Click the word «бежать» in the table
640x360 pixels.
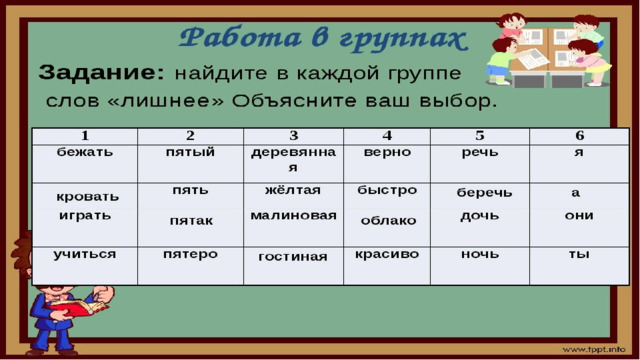tap(84, 152)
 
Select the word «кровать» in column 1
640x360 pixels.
tap(87, 197)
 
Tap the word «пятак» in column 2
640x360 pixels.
tap(191, 221)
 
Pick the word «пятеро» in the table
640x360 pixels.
tap(190, 255)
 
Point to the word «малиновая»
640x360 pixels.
tap(293, 216)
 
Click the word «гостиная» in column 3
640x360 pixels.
tap(293, 257)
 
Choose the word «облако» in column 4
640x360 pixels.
tap(388, 221)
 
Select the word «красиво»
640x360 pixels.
tap(387, 254)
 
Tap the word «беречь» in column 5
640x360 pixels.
tap(484, 193)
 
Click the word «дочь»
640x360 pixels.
tap(480, 216)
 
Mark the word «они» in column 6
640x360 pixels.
tap(579, 216)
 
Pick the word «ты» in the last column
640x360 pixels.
tap(579, 254)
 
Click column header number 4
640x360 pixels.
tap(387, 136)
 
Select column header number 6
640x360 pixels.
tap(580, 136)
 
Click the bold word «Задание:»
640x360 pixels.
tap(101, 73)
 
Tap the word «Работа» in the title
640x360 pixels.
tap(241, 38)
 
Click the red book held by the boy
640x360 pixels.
tap(77, 307)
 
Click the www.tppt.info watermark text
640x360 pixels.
tap(594, 349)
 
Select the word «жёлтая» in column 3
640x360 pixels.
tap(293, 190)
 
